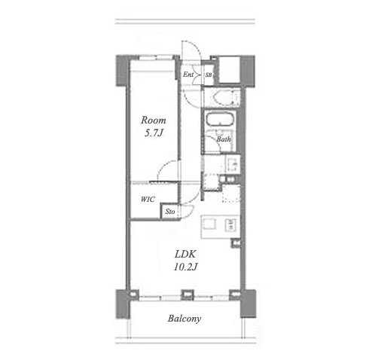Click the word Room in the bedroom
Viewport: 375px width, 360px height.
click(x=154, y=121)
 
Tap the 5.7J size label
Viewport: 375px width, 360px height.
click(x=154, y=133)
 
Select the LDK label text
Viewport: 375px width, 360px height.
click(x=185, y=254)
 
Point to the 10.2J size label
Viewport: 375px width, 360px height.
click(x=185, y=267)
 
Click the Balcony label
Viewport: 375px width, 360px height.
click(x=184, y=319)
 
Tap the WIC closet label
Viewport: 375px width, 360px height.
click(x=148, y=200)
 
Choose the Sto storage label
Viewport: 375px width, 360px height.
click(x=170, y=212)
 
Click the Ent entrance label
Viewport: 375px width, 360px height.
click(x=188, y=75)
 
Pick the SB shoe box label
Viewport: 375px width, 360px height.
click(x=209, y=75)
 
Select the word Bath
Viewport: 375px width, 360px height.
click(x=224, y=139)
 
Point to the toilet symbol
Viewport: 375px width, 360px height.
click(x=224, y=97)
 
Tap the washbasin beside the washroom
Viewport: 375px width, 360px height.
click(x=233, y=164)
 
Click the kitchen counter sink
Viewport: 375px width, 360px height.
click(x=209, y=224)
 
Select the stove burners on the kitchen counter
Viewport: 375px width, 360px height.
click(x=231, y=225)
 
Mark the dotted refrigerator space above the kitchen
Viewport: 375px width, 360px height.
click(x=231, y=194)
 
